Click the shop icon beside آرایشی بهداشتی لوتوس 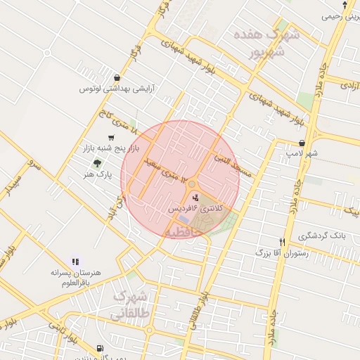pos(116,78)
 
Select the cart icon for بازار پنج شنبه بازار pos(110,138)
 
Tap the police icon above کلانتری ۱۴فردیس pos(195,199)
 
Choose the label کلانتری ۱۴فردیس pos(192,210)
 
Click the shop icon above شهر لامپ pos(300,142)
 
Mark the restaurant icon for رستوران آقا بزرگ pos(282,240)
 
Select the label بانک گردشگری pos(320,235)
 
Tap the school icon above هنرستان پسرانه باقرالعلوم pos(75,262)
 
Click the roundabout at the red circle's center pos(191,184)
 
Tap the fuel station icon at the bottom pos(98,349)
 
